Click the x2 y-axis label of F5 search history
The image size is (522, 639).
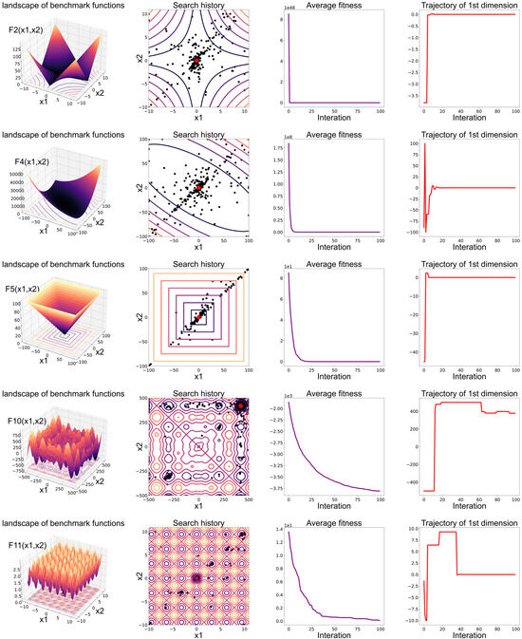click(140, 317)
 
